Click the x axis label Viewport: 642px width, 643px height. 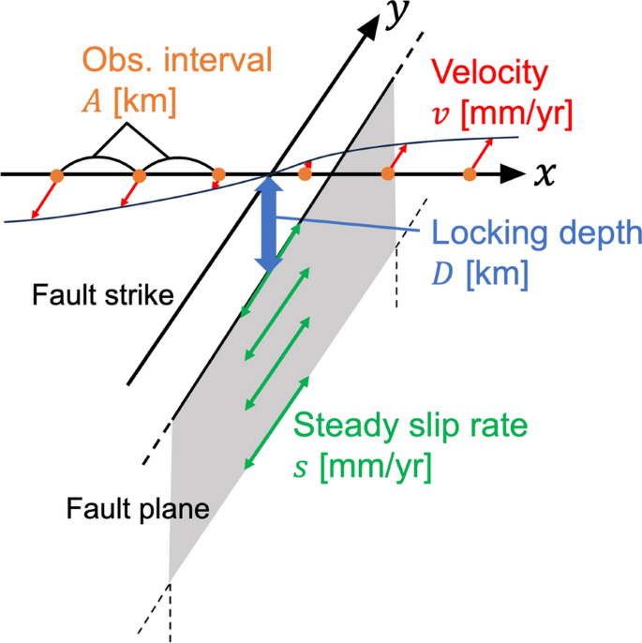click(545, 173)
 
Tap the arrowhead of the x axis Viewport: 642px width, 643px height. click(513, 174)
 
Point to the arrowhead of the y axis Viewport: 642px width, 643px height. click(372, 27)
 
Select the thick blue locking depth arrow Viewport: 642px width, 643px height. click(269, 225)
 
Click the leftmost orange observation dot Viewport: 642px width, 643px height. click(56, 175)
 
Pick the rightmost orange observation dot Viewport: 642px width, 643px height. click(470, 174)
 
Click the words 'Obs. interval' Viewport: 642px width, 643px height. click(177, 62)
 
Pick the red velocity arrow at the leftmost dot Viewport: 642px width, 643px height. click(44, 198)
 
